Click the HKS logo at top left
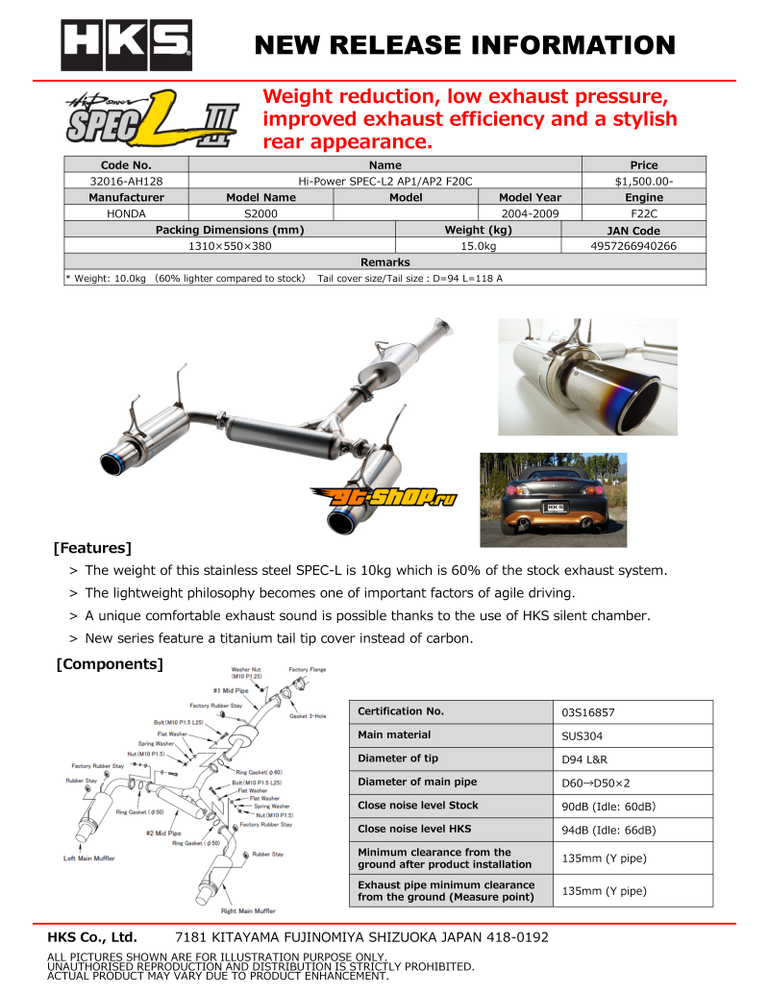pos(126,45)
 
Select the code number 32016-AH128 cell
pos(126,181)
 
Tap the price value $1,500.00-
pos(643,181)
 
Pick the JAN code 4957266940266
pos(633,246)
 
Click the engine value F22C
pos(643,213)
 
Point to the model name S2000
pos(260,213)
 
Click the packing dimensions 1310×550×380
pos(230,246)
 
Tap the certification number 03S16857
pos(588,713)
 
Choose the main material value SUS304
pos(583,736)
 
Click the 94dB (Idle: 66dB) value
pos(608,830)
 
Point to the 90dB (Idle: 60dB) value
pos(608,807)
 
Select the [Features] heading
pos(92,549)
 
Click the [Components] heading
pos(110,664)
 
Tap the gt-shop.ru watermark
pos(383,496)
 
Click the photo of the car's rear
pos(553,499)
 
